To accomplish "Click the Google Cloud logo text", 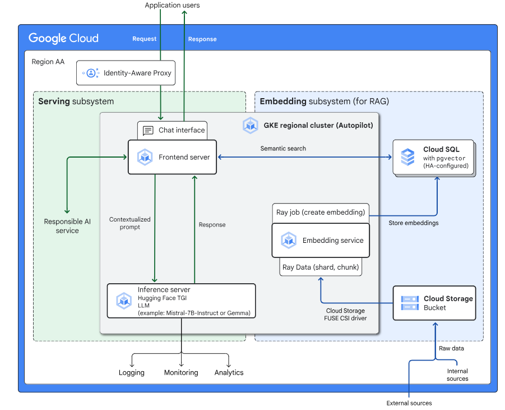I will [x=63, y=38].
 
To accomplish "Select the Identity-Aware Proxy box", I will [x=126, y=73].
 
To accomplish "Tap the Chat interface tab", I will [x=173, y=130].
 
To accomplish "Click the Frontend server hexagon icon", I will [x=145, y=158].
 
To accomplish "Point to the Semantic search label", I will [x=283, y=149].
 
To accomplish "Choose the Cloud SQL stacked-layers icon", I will [x=407, y=158].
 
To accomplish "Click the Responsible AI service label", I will [x=67, y=226].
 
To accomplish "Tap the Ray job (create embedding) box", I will [x=320, y=213].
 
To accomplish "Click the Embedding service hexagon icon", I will [x=289, y=240].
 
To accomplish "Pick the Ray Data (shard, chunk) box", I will [x=320, y=268].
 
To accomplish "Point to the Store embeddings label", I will [x=414, y=223].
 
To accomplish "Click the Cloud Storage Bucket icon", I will [x=410, y=303].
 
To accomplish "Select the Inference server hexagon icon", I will [x=124, y=301].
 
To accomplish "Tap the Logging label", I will [x=132, y=372].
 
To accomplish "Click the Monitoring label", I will [x=181, y=372].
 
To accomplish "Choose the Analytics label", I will [x=229, y=372].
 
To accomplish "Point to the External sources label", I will [x=409, y=403].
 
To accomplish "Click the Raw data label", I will [x=451, y=348].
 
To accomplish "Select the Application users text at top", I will [x=172, y=6].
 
